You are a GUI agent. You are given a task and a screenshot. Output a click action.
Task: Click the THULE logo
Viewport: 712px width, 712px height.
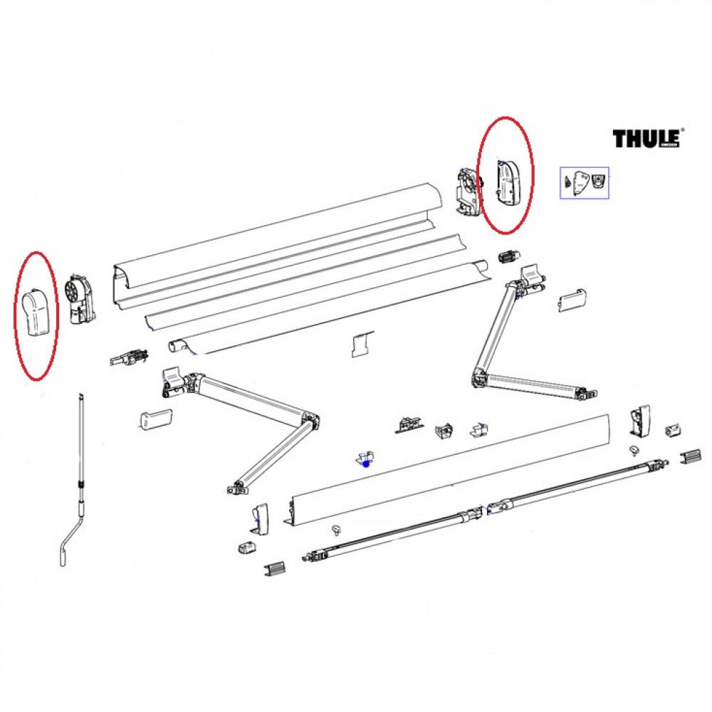coord(646,137)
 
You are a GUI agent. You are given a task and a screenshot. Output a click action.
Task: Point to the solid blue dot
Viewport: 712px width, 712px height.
coord(366,464)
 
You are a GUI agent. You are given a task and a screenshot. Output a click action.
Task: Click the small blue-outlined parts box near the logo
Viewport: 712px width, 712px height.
coord(587,182)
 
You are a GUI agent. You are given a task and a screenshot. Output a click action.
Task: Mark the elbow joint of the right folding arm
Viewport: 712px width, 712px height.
coord(481,377)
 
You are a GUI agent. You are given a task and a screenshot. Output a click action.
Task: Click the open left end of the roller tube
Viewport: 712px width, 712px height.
coord(177,347)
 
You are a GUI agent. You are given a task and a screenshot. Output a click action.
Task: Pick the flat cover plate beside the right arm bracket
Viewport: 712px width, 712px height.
coord(572,298)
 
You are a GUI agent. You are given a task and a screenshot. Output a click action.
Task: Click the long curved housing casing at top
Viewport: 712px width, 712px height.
coord(278,235)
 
